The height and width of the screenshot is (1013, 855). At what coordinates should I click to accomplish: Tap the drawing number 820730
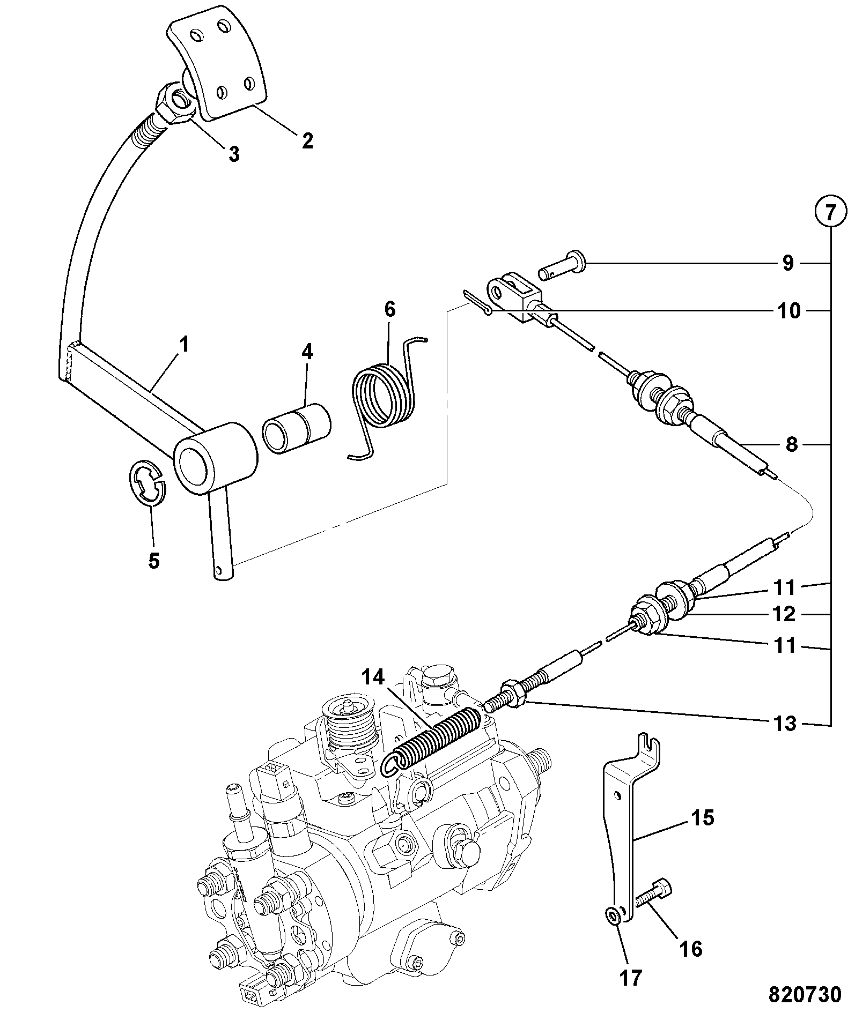point(805,995)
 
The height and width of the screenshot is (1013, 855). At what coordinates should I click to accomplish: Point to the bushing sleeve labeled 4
point(297,427)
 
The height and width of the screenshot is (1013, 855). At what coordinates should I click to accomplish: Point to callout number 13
point(785,724)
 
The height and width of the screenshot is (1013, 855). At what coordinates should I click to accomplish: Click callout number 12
point(784,614)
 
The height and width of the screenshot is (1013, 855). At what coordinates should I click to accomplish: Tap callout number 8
point(792,444)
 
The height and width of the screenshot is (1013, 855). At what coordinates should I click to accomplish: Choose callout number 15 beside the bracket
point(703,818)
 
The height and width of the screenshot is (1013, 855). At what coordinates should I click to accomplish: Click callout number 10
point(788,311)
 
